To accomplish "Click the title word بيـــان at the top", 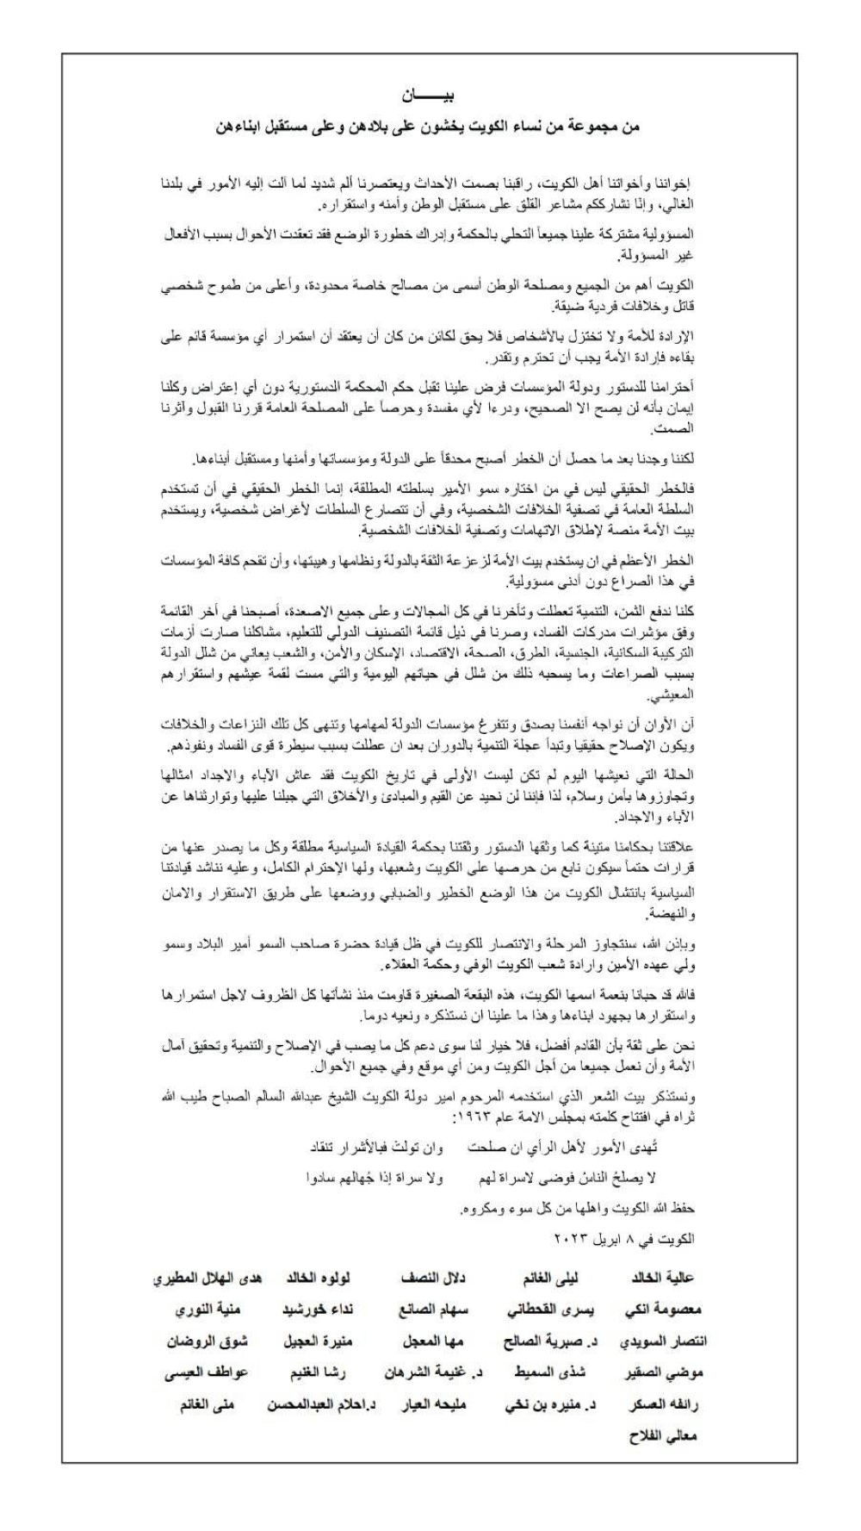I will point(430,94).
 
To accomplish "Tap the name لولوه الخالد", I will point(317,1279).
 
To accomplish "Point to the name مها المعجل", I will point(433,1341).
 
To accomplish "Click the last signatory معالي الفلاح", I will point(664,1436).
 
